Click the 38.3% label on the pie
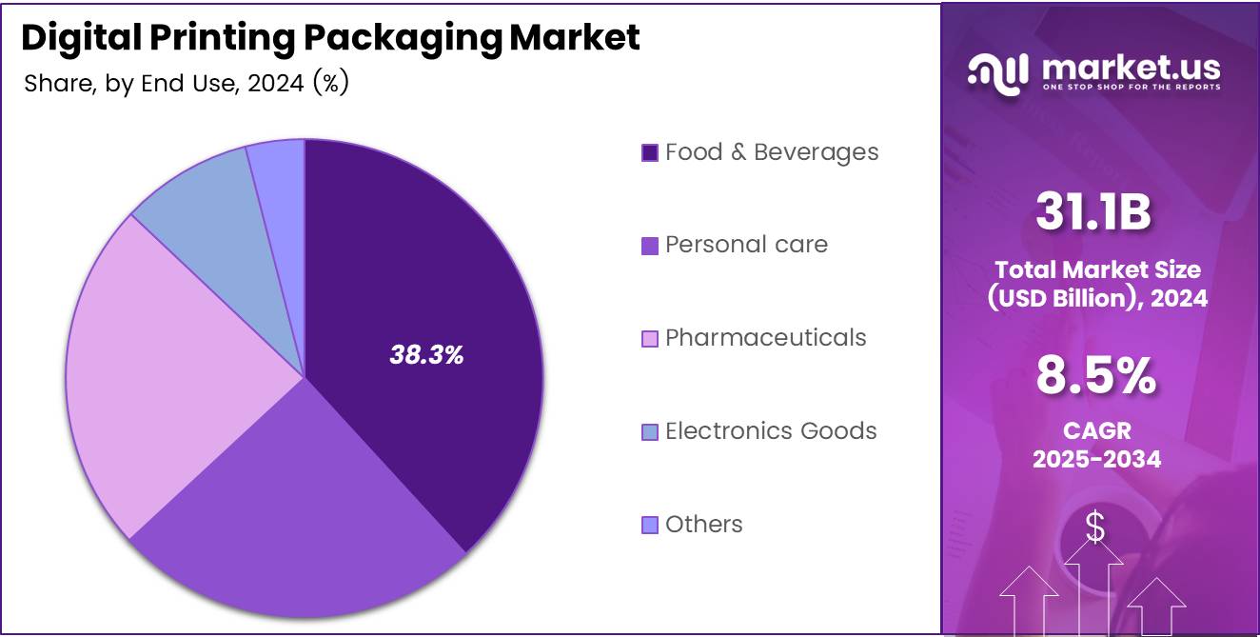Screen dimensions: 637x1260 pyautogui.click(x=426, y=355)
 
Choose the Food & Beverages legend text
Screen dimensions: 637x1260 pyautogui.click(x=771, y=151)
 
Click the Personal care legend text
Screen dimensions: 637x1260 pyautogui.click(x=746, y=245)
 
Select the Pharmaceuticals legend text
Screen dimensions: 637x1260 pyautogui.click(x=765, y=337)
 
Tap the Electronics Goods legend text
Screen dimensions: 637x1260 pyautogui.click(x=771, y=430)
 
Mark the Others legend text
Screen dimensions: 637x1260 pyautogui.click(x=703, y=524)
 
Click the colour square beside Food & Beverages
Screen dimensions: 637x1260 pyautogui.click(x=650, y=152)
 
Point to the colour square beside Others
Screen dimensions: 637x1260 pyautogui.click(x=650, y=525)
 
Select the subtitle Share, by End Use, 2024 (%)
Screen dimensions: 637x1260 pyautogui.click(x=187, y=84)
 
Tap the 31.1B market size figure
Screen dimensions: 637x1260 pyautogui.click(x=1093, y=213)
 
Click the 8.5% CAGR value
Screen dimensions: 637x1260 pyautogui.click(x=1096, y=376)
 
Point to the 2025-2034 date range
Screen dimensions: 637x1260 pyautogui.click(x=1097, y=459)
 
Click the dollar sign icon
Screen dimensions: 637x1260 pyautogui.click(x=1095, y=528)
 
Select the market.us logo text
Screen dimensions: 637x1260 pyautogui.click(x=1131, y=68)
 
